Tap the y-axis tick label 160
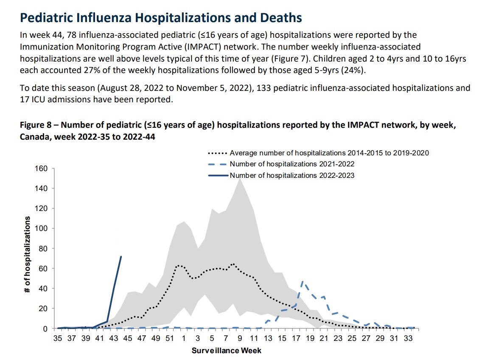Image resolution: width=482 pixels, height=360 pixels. click(41, 169)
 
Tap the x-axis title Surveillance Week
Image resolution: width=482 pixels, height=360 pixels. click(227, 351)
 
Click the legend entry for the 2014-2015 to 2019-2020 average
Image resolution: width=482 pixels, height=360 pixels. click(329, 153)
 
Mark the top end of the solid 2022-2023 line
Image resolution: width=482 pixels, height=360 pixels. click(121, 256)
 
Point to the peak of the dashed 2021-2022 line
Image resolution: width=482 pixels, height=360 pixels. click(302, 281)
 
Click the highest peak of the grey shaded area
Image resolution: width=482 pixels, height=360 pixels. click(240, 178)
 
